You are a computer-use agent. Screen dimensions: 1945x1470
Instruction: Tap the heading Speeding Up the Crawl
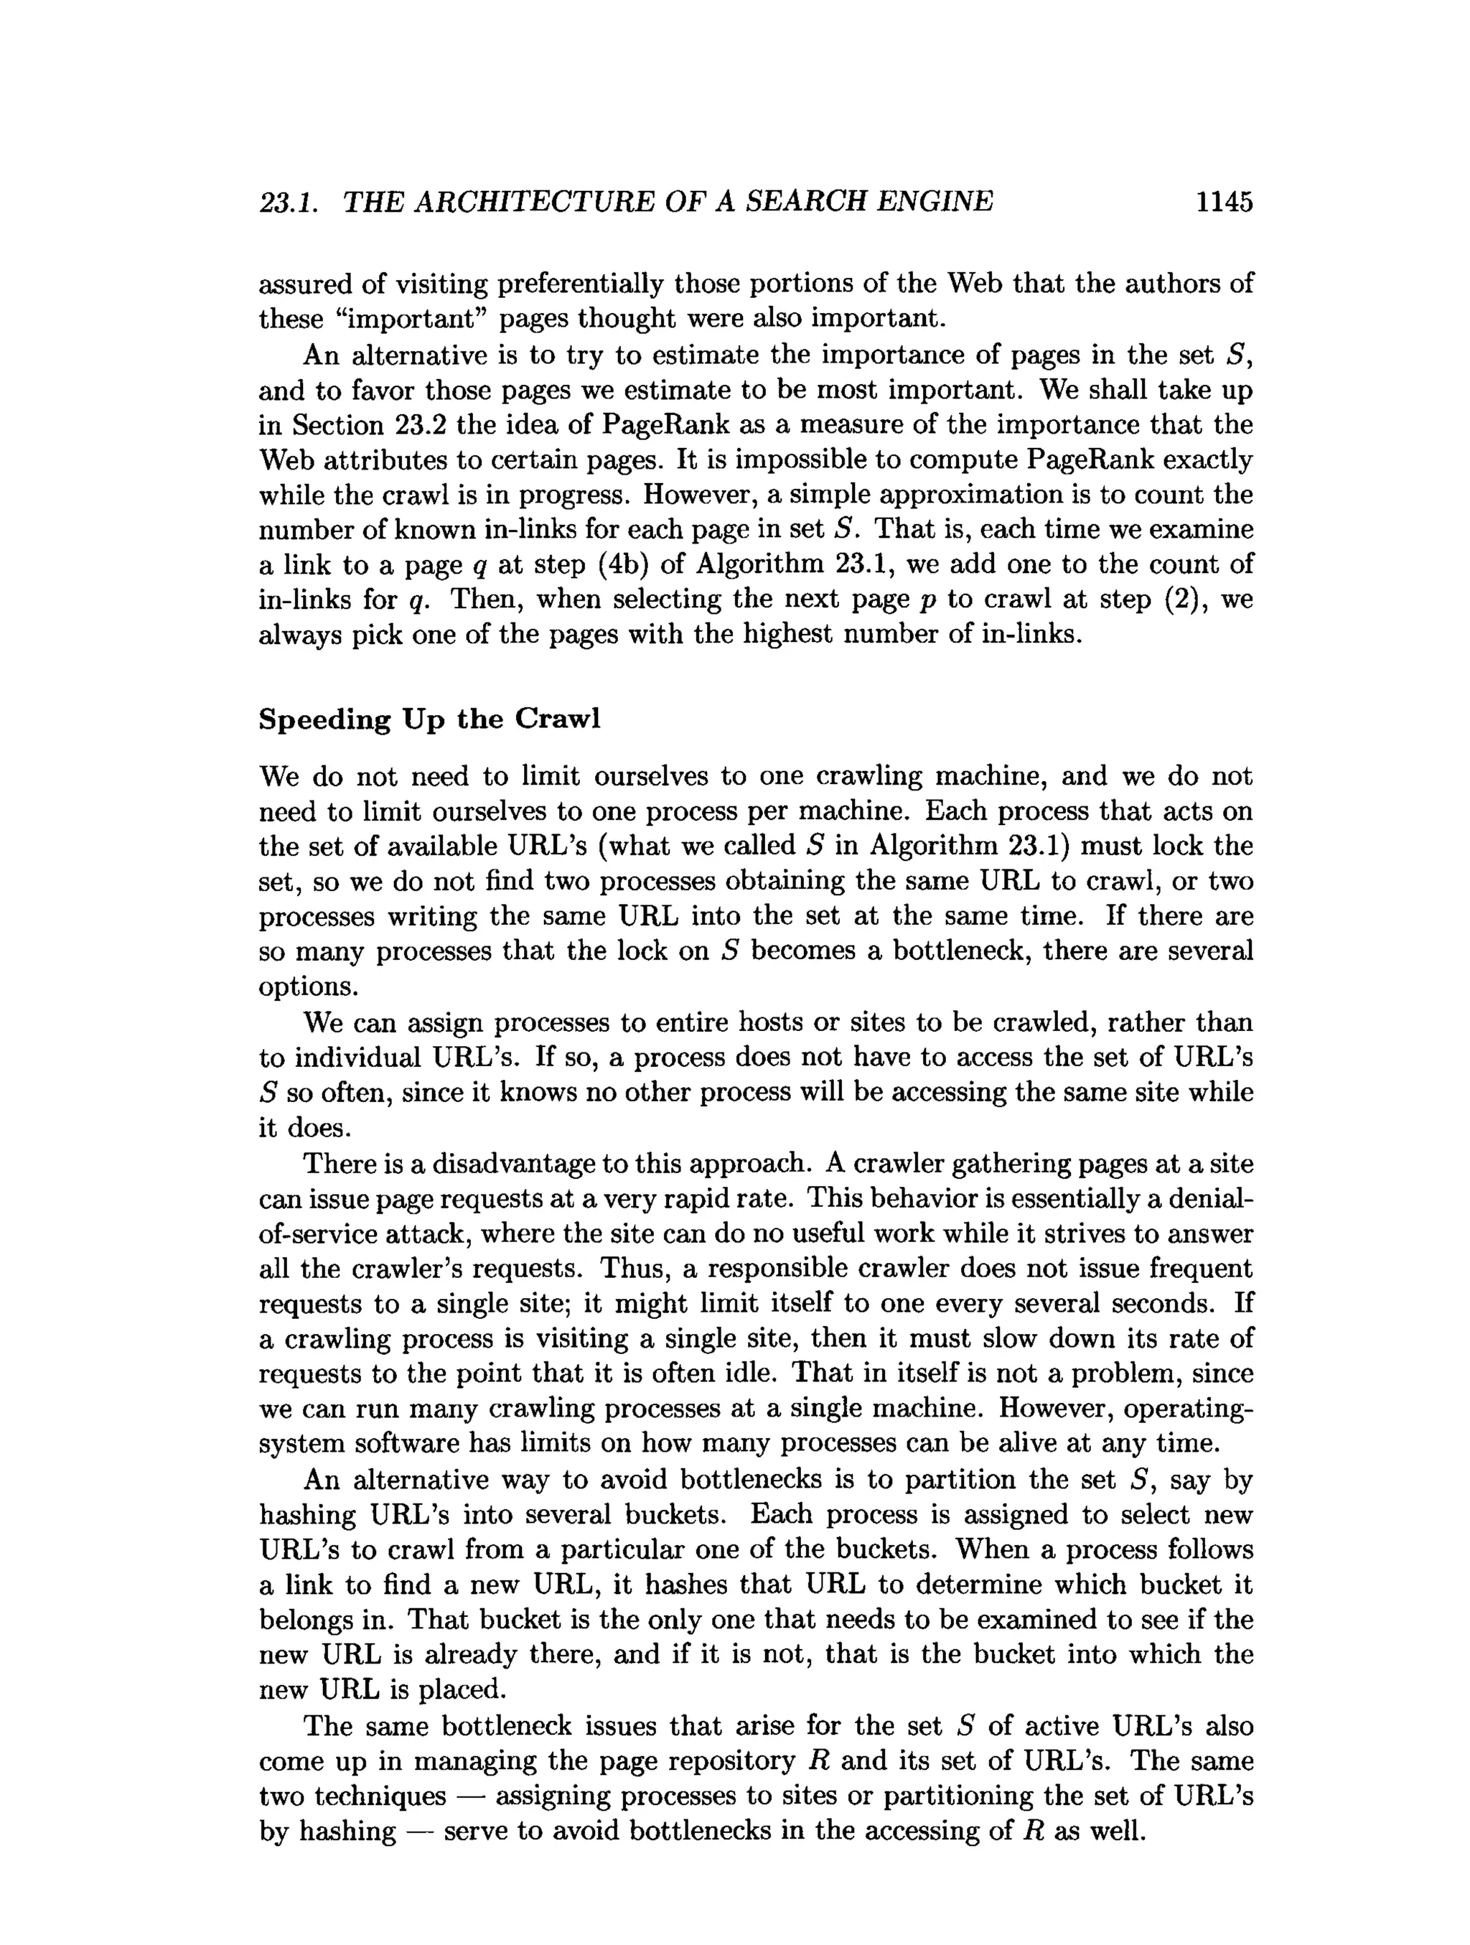(429, 719)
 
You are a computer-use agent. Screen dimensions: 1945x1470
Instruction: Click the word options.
(308, 987)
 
